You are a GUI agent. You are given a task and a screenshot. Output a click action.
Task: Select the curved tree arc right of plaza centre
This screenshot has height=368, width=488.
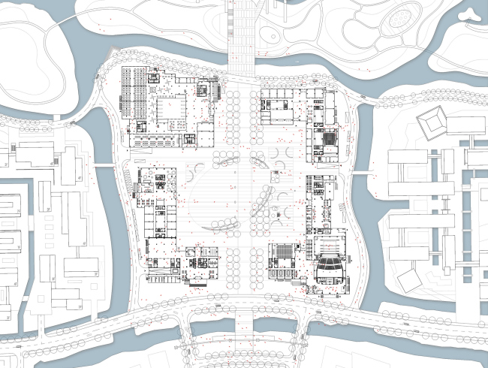point(263,199)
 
